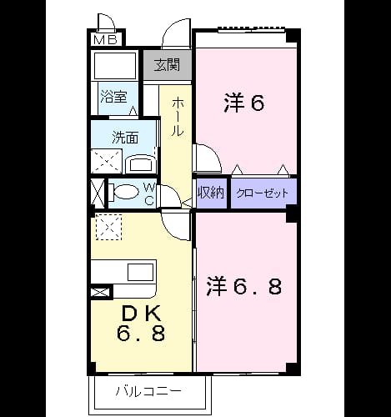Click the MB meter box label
tap(106, 40)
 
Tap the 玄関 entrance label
tap(168, 65)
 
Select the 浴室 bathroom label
tap(113, 97)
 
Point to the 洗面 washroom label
tap(125, 138)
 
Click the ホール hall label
tap(177, 117)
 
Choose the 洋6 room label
tap(243, 103)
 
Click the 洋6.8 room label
tap(244, 286)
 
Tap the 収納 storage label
tap(211, 193)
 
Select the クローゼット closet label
tap(263, 193)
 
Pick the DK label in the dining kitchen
tap(142, 314)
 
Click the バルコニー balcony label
tap(148, 391)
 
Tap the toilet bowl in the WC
tap(124, 192)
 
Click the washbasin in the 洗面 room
tap(141, 164)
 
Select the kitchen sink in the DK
tap(141, 272)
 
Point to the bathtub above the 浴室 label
tap(115, 66)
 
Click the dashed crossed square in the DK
tap(108, 227)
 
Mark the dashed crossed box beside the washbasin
tap(107, 161)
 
